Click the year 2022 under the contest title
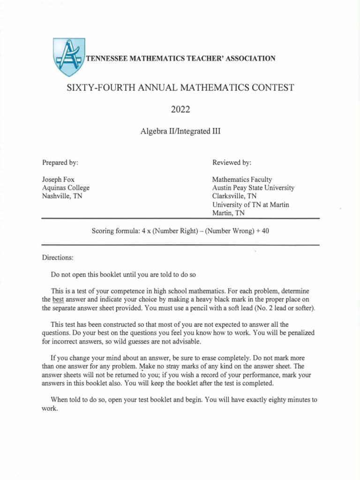point(180,110)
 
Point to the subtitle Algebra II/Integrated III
point(180,131)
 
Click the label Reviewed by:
point(232,163)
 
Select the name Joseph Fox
point(58,180)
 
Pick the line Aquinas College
point(66,188)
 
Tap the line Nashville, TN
point(62,196)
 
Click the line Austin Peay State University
point(253,188)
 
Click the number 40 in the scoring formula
point(265,231)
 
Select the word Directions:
point(58,258)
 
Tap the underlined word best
point(58,300)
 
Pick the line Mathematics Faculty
point(242,180)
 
